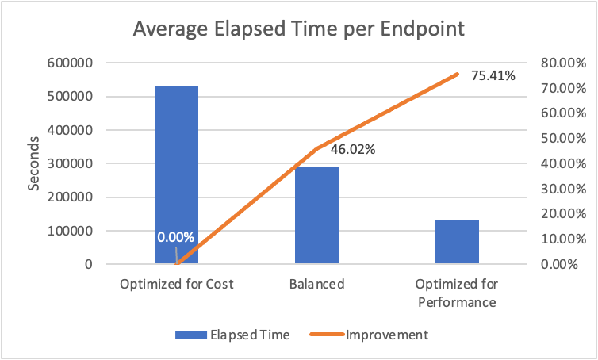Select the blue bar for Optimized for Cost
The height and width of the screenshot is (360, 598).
[176, 174]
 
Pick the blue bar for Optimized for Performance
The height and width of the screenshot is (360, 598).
[457, 242]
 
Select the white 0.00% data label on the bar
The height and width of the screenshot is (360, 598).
[175, 237]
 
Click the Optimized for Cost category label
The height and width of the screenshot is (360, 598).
[176, 284]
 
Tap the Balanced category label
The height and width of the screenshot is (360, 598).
[316, 284]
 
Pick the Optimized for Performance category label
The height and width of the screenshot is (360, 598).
[457, 293]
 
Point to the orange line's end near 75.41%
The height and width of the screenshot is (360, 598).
[457, 75]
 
